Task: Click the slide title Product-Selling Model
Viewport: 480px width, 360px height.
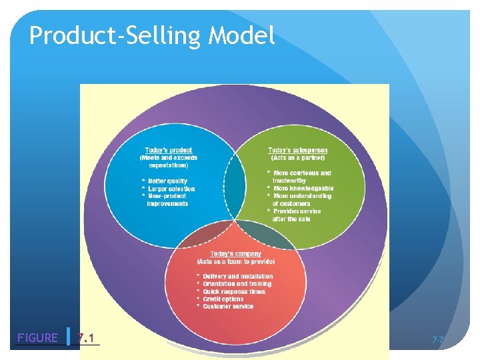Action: (x=152, y=35)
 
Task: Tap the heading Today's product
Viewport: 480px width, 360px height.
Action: (x=169, y=150)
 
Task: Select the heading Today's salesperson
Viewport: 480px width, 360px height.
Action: (x=297, y=150)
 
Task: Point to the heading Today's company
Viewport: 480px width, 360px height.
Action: (x=235, y=254)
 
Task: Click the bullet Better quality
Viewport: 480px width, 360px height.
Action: (x=167, y=181)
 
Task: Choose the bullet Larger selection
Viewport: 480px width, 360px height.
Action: (x=171, y=189)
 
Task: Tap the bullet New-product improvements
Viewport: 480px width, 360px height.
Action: (x=167, y=200)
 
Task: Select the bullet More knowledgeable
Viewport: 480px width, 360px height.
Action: (x=303, y=189)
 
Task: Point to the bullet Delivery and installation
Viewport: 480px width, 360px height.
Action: (x=237, y=276)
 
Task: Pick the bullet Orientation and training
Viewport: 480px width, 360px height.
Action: (x=237, y=284)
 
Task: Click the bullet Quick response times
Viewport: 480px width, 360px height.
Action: (x=233, y=291)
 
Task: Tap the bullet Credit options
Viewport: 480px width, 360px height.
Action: (x=223, y=299)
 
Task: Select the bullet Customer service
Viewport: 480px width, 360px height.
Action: (x=228, y=307)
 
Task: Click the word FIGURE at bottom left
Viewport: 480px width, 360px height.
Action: (x=37, y=337)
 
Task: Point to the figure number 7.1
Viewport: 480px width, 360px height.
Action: (x=85, y=337)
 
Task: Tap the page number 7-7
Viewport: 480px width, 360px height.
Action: (x=437, y=340)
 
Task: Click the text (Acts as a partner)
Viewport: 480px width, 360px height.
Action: (x=297, y=158)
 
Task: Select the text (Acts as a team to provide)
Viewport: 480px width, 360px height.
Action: (x=235, y=262)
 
